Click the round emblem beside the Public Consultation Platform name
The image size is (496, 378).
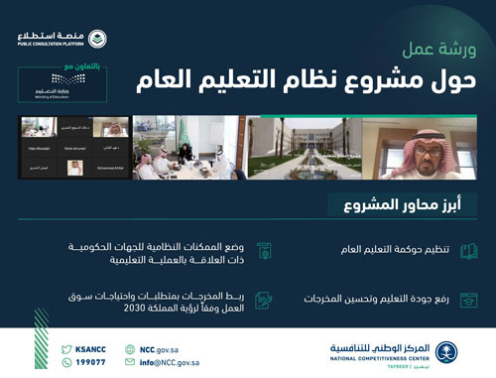pyautogui.click(x=97, y=39)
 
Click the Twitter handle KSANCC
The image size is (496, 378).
pyautogui.click(x=91, y=348)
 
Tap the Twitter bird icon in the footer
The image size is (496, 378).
pyautogui.click(x=67, y=348)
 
